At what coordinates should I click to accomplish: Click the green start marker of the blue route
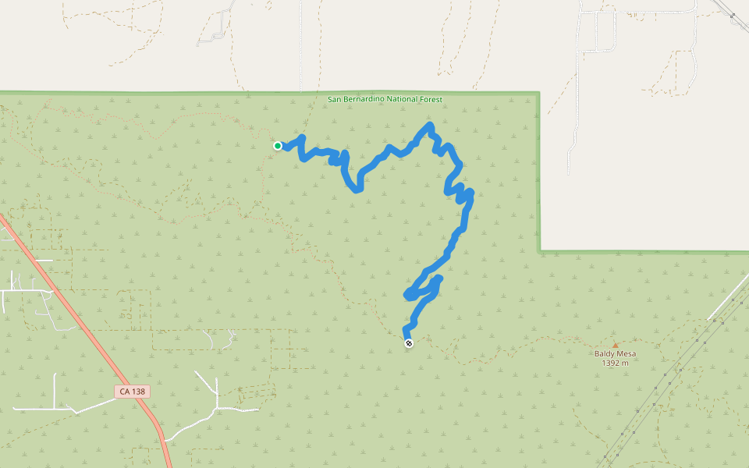coord(278,145)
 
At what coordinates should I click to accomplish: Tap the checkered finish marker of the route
coord(408,343)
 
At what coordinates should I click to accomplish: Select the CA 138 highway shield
coord(132,392)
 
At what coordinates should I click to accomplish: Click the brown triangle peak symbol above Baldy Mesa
coord(615,345)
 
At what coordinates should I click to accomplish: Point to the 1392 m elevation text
coord(616,363)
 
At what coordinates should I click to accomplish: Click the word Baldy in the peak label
coord(605,354)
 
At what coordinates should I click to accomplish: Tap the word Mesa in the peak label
coord(627,354)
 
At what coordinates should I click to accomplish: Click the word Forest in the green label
coord(430,100)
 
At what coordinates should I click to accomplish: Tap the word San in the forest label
coord(334,100)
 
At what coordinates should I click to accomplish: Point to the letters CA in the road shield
coord(123,392)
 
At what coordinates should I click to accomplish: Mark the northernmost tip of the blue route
coord(429,125)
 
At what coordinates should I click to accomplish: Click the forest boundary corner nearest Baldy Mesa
coord(539,251)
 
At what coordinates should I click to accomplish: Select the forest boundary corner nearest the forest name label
coord(538,93)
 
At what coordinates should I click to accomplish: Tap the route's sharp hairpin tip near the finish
coord(407,294)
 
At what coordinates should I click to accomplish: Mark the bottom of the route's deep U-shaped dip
coord(357,190)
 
